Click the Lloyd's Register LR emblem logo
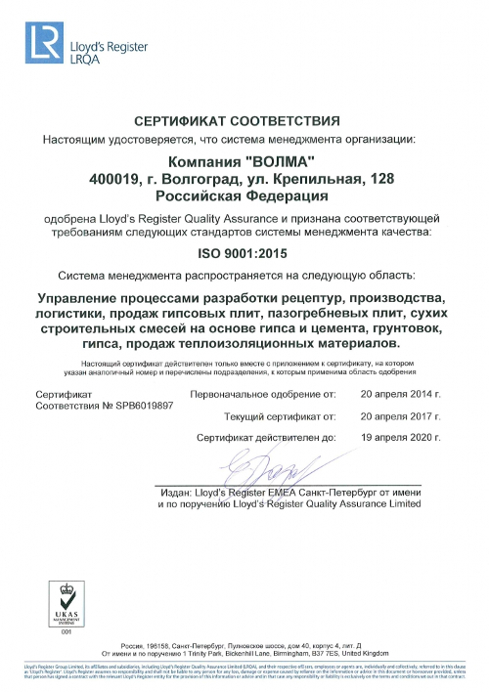pos(45,43)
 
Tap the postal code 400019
pos(112,178)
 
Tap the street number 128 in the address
pos(373,178)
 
